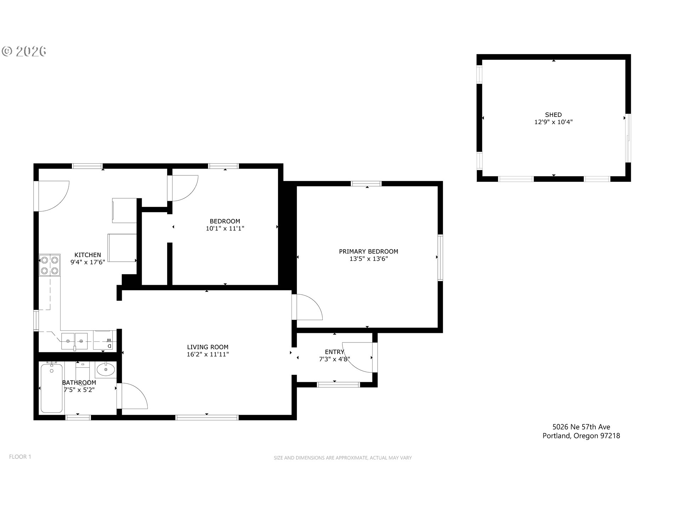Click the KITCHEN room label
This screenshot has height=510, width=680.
point(87,255)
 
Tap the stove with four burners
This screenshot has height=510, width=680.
point(50,265)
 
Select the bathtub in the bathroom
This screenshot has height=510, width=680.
point(52,387)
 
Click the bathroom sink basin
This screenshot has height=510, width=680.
point(106,370)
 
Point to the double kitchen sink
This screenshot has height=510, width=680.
point(74,341)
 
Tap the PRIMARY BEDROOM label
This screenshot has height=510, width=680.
point(368,251)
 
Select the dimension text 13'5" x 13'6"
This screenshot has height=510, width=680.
point(368,259)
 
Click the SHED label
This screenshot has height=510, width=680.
point(553,115)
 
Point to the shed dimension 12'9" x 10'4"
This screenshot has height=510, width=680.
point(553,122)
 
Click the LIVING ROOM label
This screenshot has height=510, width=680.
point(208,347)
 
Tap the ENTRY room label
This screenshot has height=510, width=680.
point(334,352)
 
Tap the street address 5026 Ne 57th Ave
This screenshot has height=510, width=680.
point(581,427)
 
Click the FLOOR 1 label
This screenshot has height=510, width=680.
point(20,457)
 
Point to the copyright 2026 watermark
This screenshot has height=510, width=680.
point(24,51)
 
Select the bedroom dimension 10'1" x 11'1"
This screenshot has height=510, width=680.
point(225,229)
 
